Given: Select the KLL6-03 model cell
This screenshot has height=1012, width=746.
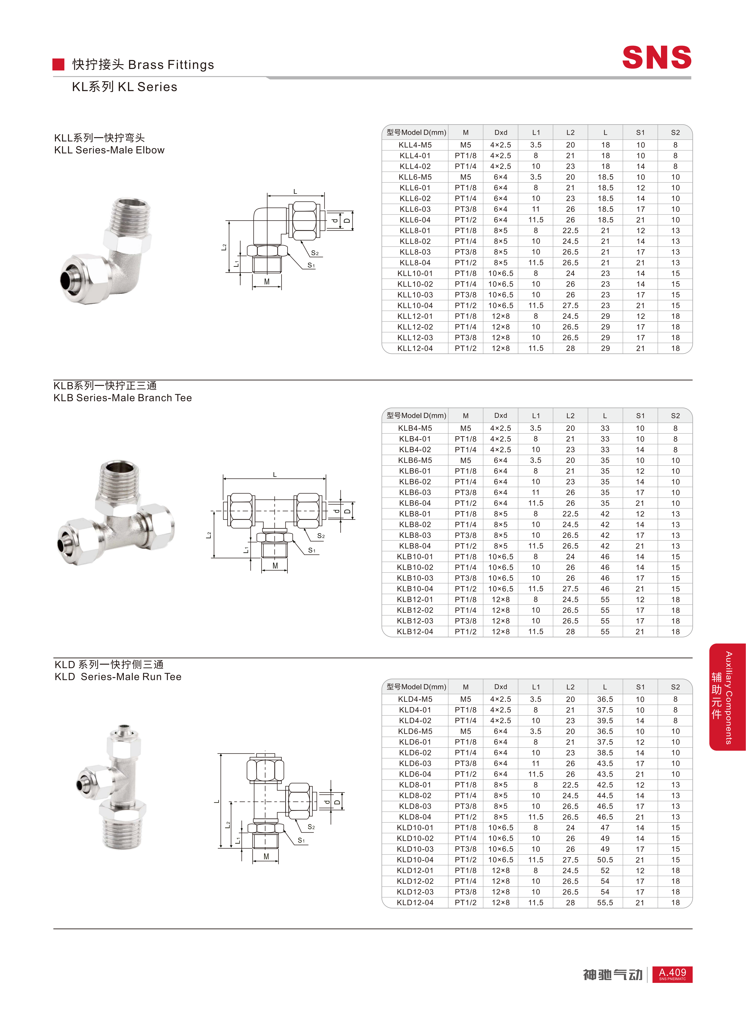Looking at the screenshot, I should [415, 209].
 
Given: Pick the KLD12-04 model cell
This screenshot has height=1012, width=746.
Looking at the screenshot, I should [415, 902].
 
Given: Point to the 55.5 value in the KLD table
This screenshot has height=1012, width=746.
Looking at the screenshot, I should [605, 902].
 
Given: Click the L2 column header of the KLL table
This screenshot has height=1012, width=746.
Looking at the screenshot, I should [570, 132].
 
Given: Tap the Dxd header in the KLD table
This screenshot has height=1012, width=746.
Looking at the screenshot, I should [500, 686].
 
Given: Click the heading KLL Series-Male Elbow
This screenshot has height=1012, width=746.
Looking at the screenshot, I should [109, 150].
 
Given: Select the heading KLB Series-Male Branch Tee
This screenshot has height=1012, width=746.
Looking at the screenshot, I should [122, 398].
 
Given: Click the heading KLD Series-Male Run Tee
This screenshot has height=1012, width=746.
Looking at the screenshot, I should [118, 677].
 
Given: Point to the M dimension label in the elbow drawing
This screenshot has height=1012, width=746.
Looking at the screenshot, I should [267, 282].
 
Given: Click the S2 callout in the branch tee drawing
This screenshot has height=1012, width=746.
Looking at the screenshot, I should [321, 536].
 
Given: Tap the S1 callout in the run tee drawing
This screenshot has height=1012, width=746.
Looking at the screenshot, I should [301, 841].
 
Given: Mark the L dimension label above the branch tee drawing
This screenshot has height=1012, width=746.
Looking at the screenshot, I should [275, 474].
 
